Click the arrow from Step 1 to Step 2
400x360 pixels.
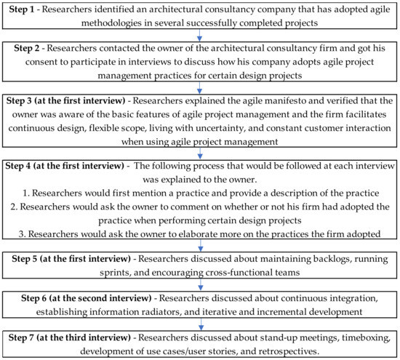tap(199, 34)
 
